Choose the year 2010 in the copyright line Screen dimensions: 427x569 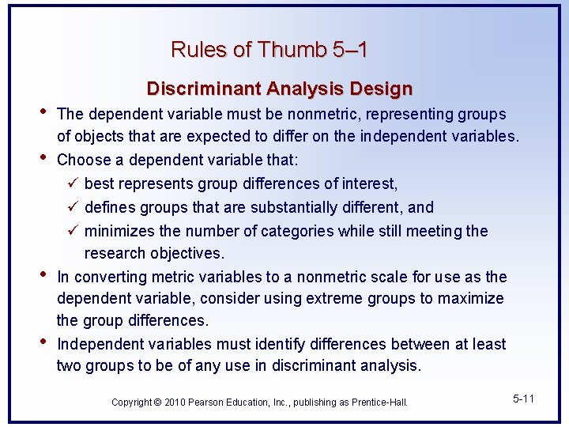[175, 402]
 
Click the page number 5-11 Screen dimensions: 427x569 [523, 399]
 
